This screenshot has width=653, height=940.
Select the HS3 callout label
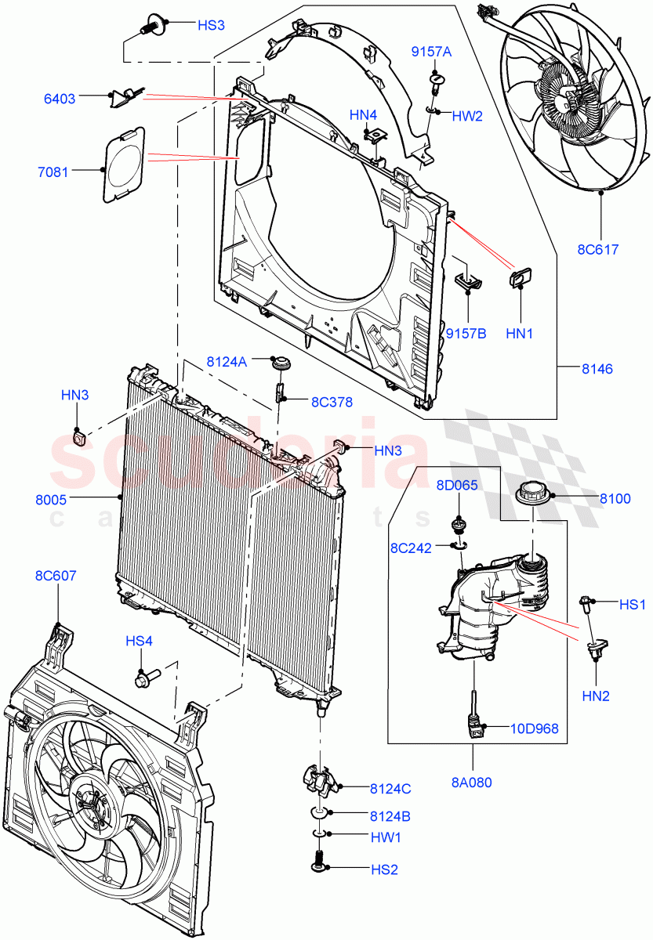click(x=211, y=26)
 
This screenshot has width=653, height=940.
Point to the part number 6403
click(x=60, y=99)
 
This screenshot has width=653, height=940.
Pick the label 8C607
click(x=56, y=576)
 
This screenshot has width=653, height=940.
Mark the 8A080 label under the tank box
click(x=472, y=782)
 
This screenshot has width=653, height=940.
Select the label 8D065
click(x=457, y=486)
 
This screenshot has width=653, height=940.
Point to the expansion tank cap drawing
click(x=533, y=496)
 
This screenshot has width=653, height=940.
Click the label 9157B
click(x=466, y=333)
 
